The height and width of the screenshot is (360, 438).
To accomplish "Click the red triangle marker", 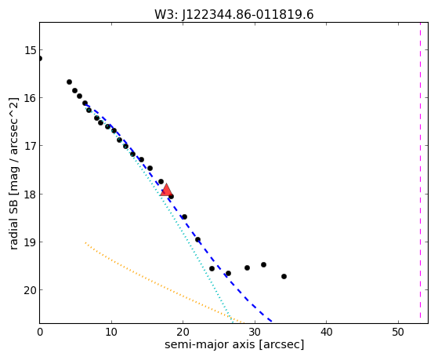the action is click(166, 190).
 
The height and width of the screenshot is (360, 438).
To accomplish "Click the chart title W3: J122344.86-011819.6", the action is click(234, 15).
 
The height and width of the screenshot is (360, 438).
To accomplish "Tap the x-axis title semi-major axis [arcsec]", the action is click(234, 344).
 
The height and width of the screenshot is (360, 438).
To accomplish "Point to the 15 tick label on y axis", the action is click(30, 50).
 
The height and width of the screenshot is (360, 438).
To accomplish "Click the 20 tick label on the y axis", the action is click(30, 290).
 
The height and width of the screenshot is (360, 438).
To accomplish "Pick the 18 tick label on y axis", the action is click(30, 195).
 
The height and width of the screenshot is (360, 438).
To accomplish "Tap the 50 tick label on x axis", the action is click(398, 332).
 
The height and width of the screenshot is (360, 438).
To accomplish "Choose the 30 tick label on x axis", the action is click(255, 332).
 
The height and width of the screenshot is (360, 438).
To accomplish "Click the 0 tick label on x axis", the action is click(40, 332).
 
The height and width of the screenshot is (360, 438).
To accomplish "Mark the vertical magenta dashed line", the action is click(420, 170).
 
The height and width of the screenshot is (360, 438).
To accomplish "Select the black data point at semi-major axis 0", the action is click(40, 59).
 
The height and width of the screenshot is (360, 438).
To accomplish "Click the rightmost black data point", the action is click(284, 276).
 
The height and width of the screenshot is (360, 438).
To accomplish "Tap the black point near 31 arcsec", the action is click(263, 264).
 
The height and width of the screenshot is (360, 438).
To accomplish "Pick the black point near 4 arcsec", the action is click(69, 82).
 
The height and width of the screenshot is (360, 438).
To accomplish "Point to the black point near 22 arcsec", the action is click(197, 239).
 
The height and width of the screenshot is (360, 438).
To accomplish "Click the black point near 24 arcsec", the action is click(212, 268).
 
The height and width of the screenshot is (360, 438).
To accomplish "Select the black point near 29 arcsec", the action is click(247, 267).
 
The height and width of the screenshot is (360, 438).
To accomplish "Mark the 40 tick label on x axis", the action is click(327, 332).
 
